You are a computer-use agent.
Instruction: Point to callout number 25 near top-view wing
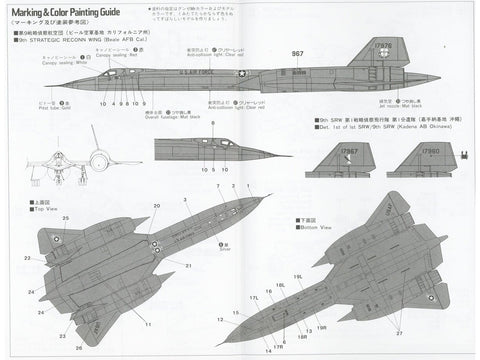pos(66,218)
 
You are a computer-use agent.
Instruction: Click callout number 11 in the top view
pos(147,326)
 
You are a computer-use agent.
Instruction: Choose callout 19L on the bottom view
pos(298,277)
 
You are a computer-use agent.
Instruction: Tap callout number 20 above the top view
pos(156,204)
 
